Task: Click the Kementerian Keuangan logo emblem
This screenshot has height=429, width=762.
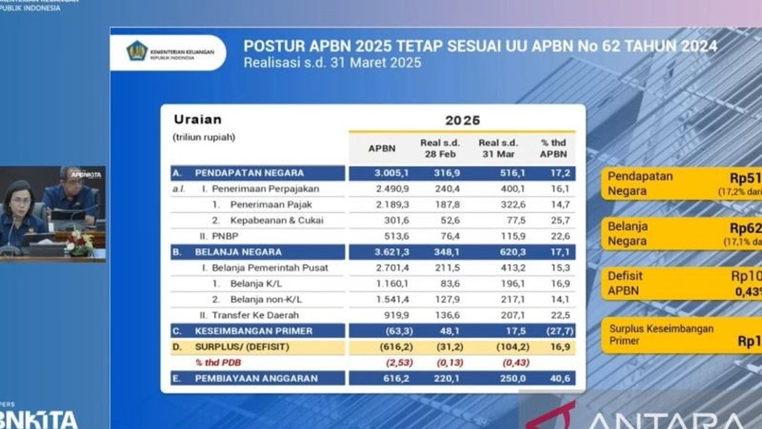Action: (x=137, y=52)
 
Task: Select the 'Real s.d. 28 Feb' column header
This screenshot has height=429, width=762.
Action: (x=439, y=148)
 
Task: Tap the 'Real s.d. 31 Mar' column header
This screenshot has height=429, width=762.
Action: (x=498, y=148)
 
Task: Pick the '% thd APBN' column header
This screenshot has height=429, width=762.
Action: (x=553, y=148)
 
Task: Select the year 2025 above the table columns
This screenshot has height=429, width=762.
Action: (x=462, y=120)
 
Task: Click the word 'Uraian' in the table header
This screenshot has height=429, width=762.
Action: (x=198, y=119)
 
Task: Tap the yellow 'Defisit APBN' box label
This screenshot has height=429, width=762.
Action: (x=625, y=283)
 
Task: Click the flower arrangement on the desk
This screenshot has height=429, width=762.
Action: (x=79, y=243)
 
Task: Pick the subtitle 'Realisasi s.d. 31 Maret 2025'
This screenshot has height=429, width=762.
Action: (x=332, y=63)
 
